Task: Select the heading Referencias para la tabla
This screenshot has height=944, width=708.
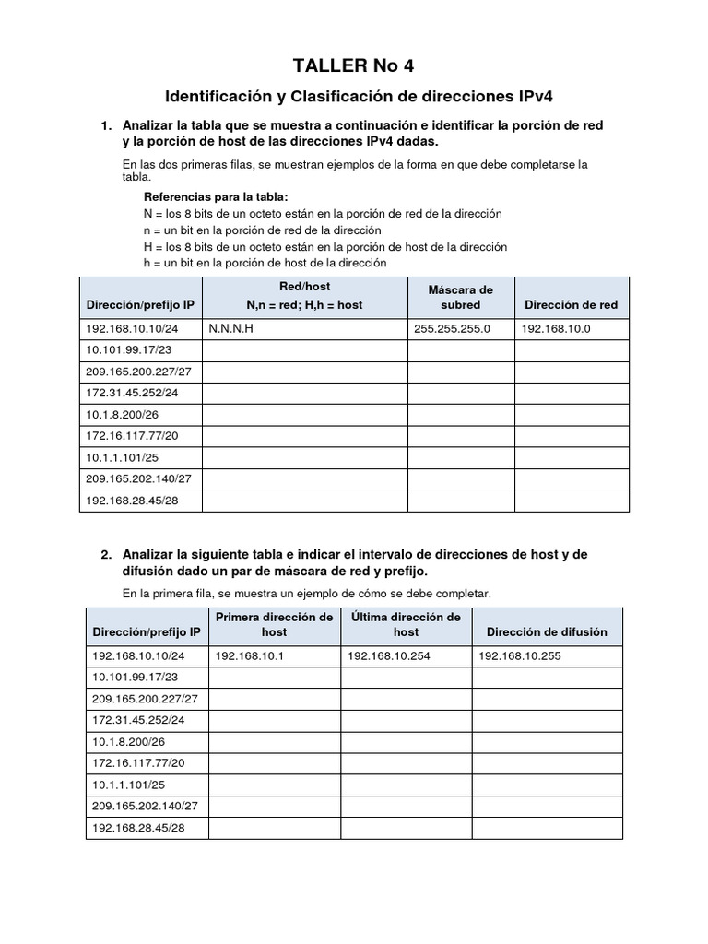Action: pyautogui.click(x=216, y=196)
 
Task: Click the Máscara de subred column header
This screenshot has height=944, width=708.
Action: pyautogui.click(x=461, y=297)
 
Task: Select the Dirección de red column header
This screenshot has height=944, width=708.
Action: pyautogui.click(x=571, y=304)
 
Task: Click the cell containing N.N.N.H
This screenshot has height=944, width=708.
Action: pyautogui.click(x=231, y=329)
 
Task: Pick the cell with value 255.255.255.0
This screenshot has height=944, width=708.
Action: pyautogui.click(x=453, y=329)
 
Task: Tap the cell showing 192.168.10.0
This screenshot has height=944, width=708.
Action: pyautogui.click(x=556, y=329)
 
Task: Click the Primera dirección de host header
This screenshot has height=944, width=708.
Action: pyautogui.click(x=274, y=624)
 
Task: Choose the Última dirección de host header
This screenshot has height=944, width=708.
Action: pyautogui.click(x=406, y=624)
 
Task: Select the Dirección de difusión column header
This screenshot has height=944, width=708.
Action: pyautogui.click(x=547, y=631)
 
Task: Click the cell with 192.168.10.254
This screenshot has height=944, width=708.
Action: pyautogui.click(x=383, y=656)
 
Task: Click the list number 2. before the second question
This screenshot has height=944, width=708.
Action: pyautogui.click(x=107, y=554)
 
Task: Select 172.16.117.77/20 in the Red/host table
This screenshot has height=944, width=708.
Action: pyautogui.click(x=132, y=436)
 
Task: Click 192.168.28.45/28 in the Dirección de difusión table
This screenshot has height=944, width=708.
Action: pyautogui.click(x=136, y=828)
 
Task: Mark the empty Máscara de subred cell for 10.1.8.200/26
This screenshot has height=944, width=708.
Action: pyautogui.click(x=461, y=415)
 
